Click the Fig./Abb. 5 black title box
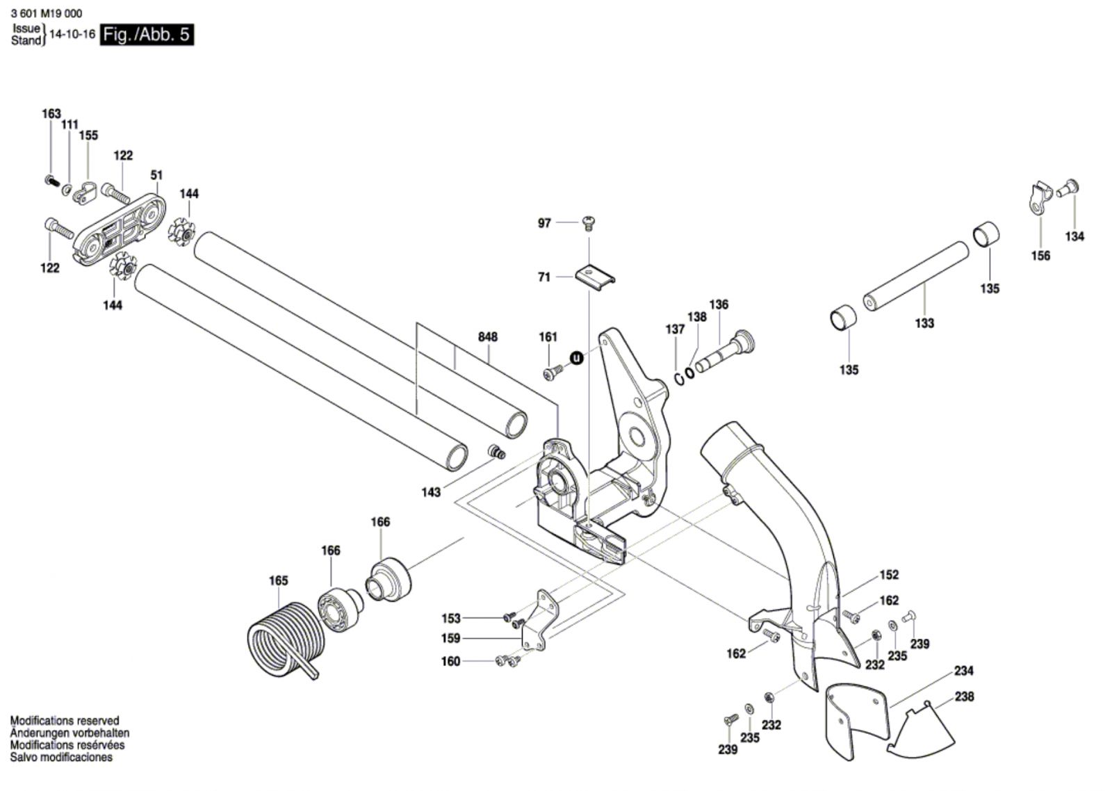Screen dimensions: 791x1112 (146, 34)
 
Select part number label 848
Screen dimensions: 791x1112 (488, 337)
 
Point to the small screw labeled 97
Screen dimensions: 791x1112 (589, 223)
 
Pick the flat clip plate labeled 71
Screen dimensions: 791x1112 (596, 274)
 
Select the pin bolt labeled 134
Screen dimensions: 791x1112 (1068, 188)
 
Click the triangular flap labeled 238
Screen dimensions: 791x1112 (921, 729)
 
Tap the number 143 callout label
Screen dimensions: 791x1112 (431, 492)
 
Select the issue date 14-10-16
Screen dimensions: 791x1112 (72, 34)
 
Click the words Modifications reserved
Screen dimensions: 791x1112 (65, 721)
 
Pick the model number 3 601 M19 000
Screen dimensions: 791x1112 (47, 13)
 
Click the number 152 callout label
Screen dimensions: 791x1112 (889, 575)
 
